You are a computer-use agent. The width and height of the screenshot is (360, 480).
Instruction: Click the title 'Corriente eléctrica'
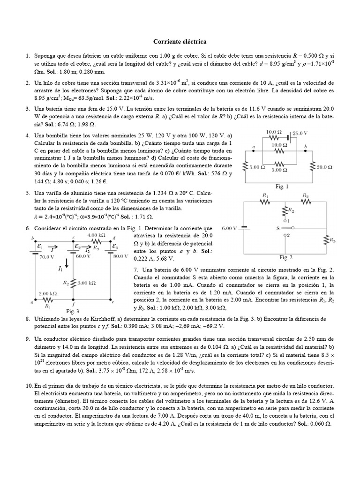[180, 42]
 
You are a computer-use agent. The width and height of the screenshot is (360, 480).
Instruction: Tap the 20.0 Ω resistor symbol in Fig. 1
[313, 166]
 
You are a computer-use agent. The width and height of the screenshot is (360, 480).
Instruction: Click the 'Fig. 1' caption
[282, 187]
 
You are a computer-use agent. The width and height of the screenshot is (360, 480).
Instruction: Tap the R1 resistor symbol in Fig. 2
[266, 202]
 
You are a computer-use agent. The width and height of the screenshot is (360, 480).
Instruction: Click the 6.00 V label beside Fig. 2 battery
[230, 228]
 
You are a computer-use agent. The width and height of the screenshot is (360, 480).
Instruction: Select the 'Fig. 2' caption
[286, 257]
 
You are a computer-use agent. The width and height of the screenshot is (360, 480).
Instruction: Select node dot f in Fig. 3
[74, 299]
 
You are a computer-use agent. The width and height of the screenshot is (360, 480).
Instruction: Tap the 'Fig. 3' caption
[73, 310]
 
